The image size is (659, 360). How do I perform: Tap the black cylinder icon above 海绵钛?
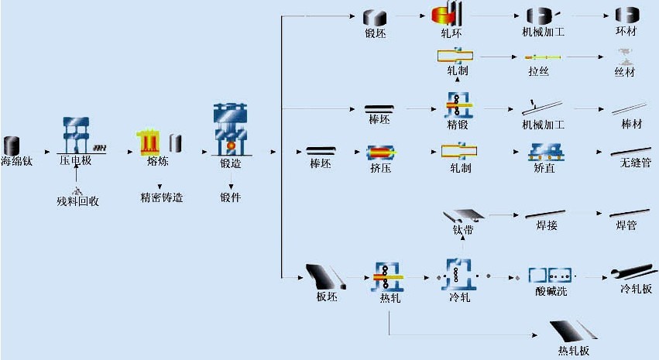(12, 145)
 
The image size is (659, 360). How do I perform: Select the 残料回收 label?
(77, 201)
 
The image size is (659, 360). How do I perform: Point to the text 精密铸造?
(161, 197)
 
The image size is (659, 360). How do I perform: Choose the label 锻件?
(231, 197)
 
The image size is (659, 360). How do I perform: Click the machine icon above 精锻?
(458, 104)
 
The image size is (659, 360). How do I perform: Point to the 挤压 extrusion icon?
(380, 152)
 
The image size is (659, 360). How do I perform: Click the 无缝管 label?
(636, 164)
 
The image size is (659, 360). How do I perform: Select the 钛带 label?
(463, 230)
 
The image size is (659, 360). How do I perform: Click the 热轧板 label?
(574, 351)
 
